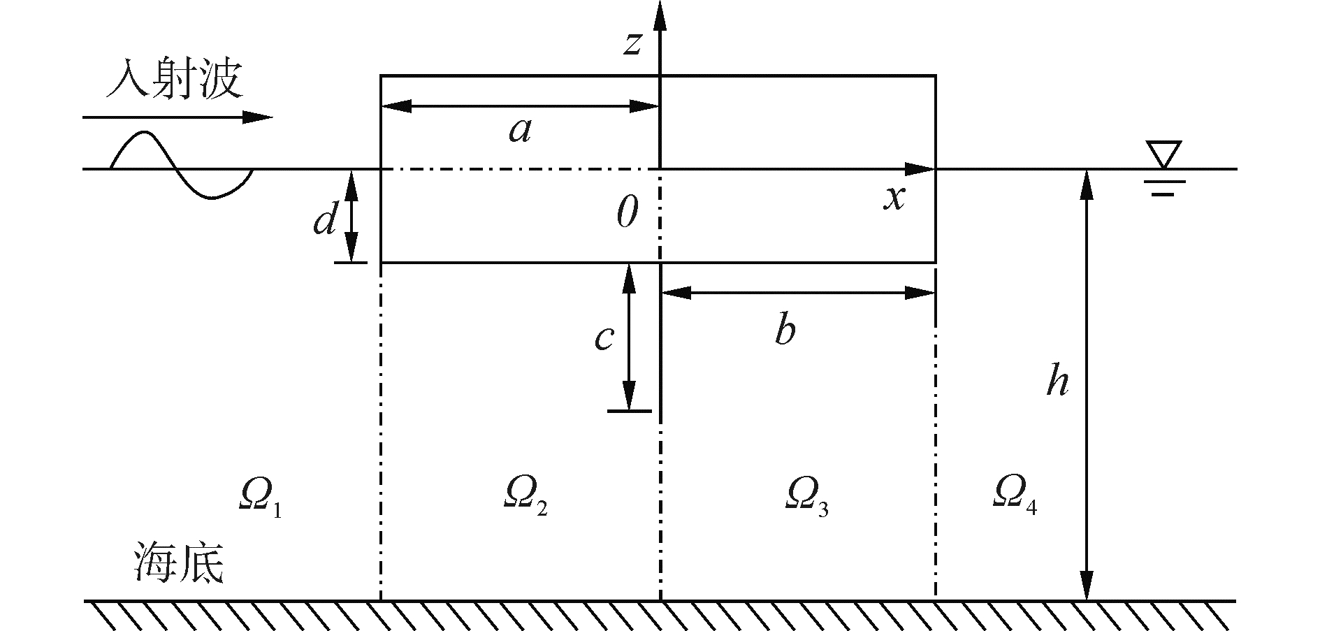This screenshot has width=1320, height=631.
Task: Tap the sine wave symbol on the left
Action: pyautogui.click(x=181, y=166)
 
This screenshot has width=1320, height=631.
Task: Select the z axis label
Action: pyautogui.click(x=632, y=43)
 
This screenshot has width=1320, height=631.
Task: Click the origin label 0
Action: pyautogui.click(x=627, y=212)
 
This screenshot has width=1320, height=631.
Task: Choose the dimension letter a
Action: pyautogui.click(x=520, y=130)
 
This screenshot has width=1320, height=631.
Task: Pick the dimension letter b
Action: pyautogui.click(x=785, y=330)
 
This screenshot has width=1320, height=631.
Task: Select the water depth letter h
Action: pyautogui.click(x=1057, y=382)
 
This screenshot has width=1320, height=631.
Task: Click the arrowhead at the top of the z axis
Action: pyautogui.click(x=660, y=15)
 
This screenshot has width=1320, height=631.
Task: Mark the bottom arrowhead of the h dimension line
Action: pyautogui.click(x=1086, y=586)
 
